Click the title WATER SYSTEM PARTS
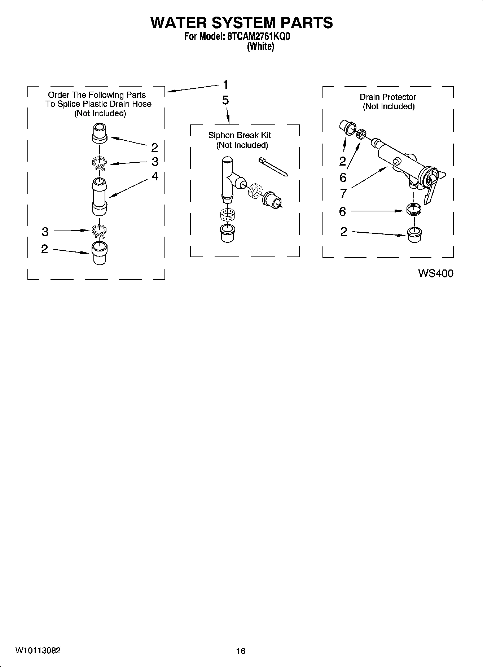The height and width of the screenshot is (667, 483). click(x=241, y=23)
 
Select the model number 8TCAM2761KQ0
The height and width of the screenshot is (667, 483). click(x=258, y=36)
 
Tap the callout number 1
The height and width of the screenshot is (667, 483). click(x=225, y=85)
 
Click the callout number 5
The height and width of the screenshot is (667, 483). click(x=225, y=100)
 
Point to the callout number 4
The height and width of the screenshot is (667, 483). click(x=155, y=176)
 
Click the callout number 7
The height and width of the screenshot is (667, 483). click(x=343, y=194)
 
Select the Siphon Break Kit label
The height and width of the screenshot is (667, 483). click(x=240, y=135)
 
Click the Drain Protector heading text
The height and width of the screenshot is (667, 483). click(x=388, y=97)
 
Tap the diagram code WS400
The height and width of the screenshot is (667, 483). click(x=435, y=273)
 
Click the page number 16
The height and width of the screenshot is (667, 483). click(x=241, y=651)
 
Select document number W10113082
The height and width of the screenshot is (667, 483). click(x=38, y=650)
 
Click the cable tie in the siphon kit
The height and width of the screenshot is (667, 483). click(x=273, y=167)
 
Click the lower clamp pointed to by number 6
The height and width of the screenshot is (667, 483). click(x=414, y=210)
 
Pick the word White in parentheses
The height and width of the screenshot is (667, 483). click(x=260, y=47)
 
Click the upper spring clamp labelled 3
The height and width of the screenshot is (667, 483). click(x=99, y=163)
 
